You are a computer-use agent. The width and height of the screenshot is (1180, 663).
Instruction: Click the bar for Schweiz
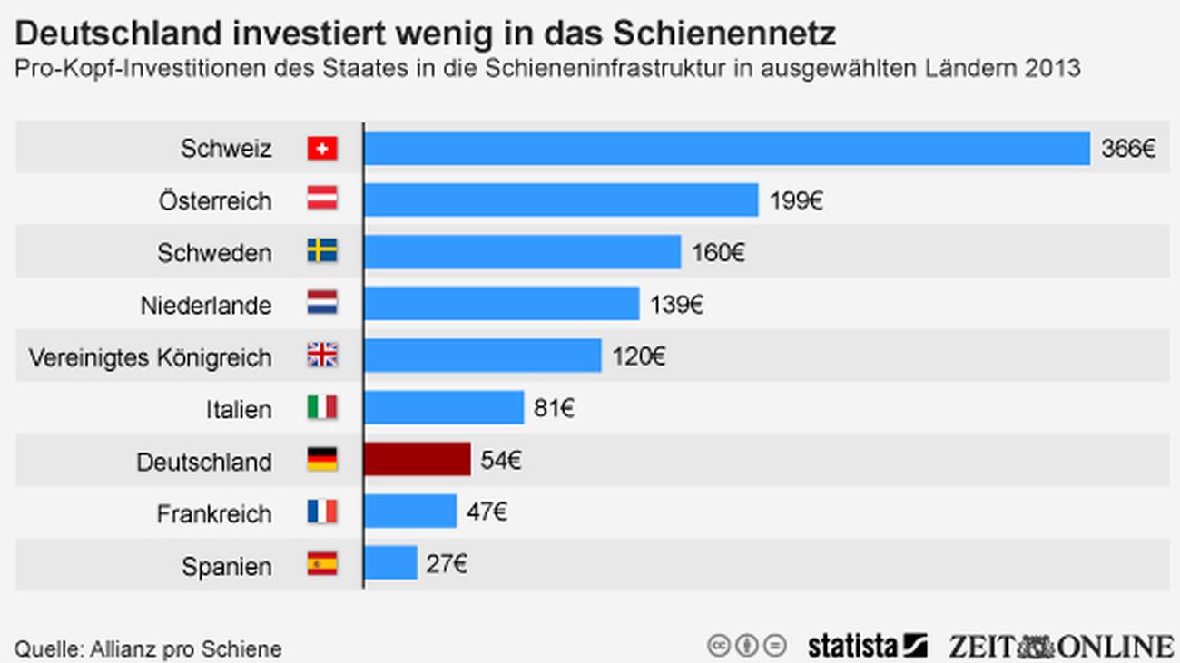tap(726, 148)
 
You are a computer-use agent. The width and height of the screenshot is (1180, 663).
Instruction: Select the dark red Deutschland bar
tap(417, 460)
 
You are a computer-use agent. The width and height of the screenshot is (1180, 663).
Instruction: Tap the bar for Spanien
tap(390, 563)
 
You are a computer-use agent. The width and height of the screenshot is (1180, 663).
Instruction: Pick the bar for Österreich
tap(560, 200)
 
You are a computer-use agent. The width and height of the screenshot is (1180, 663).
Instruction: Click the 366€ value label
tap(1127, 149)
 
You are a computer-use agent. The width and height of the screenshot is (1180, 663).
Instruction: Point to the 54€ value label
tap(500, 461)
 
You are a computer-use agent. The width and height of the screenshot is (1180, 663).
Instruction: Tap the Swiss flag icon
tap(321, 148)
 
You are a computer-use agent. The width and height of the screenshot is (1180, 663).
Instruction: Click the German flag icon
tap(321, 460)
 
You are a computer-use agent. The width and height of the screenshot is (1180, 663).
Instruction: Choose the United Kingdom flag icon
tap(321, 356)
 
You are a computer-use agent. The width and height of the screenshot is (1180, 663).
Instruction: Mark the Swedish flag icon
tap(321, 252)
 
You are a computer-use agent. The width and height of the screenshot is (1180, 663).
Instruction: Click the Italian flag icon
tap(321, 408)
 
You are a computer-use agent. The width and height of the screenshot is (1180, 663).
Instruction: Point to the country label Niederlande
tap(206, 306)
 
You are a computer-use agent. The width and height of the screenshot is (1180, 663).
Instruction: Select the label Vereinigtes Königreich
tap(150, 357)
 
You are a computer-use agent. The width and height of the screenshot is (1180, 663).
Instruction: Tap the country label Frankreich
tap(214, 513)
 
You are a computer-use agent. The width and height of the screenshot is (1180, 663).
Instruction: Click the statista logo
tap(867, 646)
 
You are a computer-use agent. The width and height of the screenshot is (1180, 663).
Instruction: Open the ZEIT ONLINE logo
tap(1060, 646)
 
